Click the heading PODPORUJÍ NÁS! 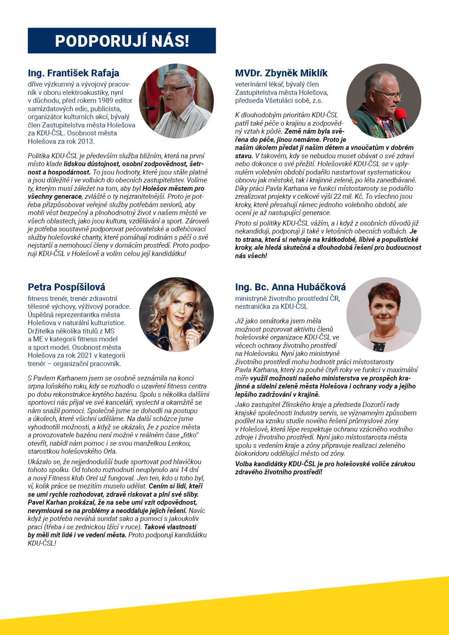[122, 41]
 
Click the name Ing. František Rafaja [74, 73]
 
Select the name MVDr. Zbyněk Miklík [281, 73]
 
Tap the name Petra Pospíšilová [66, 287]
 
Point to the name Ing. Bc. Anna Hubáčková [290, 287]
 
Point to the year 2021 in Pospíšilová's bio [84, 355]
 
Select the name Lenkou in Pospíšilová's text [179, 443]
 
